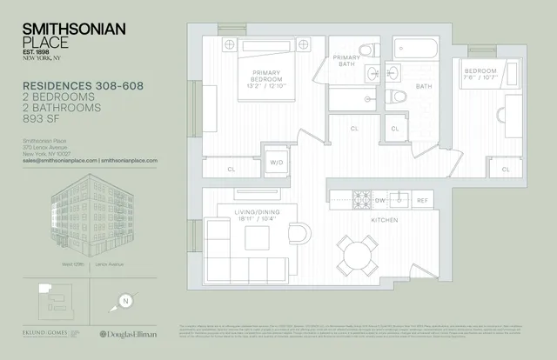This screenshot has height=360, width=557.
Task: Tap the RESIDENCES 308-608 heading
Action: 82,85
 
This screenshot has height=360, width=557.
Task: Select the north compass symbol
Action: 126,302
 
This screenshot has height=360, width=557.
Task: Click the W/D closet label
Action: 278,162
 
